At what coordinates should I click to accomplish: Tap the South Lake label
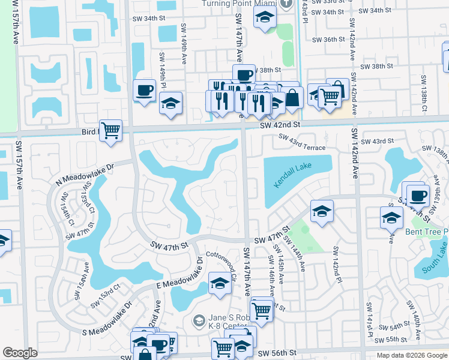435,262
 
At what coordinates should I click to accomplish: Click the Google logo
20,353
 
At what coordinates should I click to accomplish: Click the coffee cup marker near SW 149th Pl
144,90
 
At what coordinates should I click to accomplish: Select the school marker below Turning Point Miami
264,19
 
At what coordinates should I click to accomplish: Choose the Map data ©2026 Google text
412,355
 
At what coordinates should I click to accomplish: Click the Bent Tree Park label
428,232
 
